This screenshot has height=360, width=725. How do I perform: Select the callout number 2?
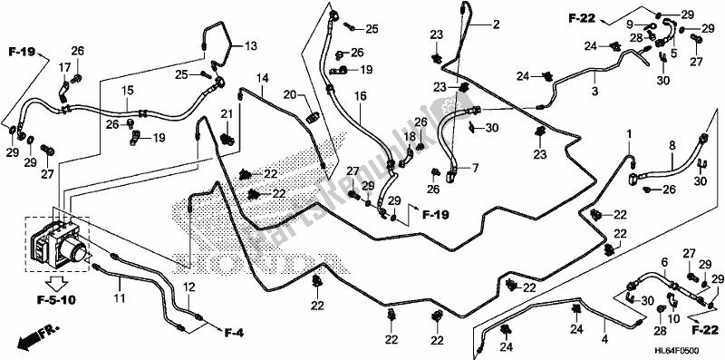pos(496,25)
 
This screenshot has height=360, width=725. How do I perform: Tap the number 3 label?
pos(594,91)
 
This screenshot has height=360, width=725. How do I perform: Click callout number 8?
pos(672,144)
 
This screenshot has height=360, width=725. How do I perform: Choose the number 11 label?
pos(119,298)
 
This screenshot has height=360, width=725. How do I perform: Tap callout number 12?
pos(190,287)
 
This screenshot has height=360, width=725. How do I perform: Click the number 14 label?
pos(261,79)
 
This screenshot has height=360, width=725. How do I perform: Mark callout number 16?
pos(360,95)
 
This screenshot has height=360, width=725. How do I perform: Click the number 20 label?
pos(289,94)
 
